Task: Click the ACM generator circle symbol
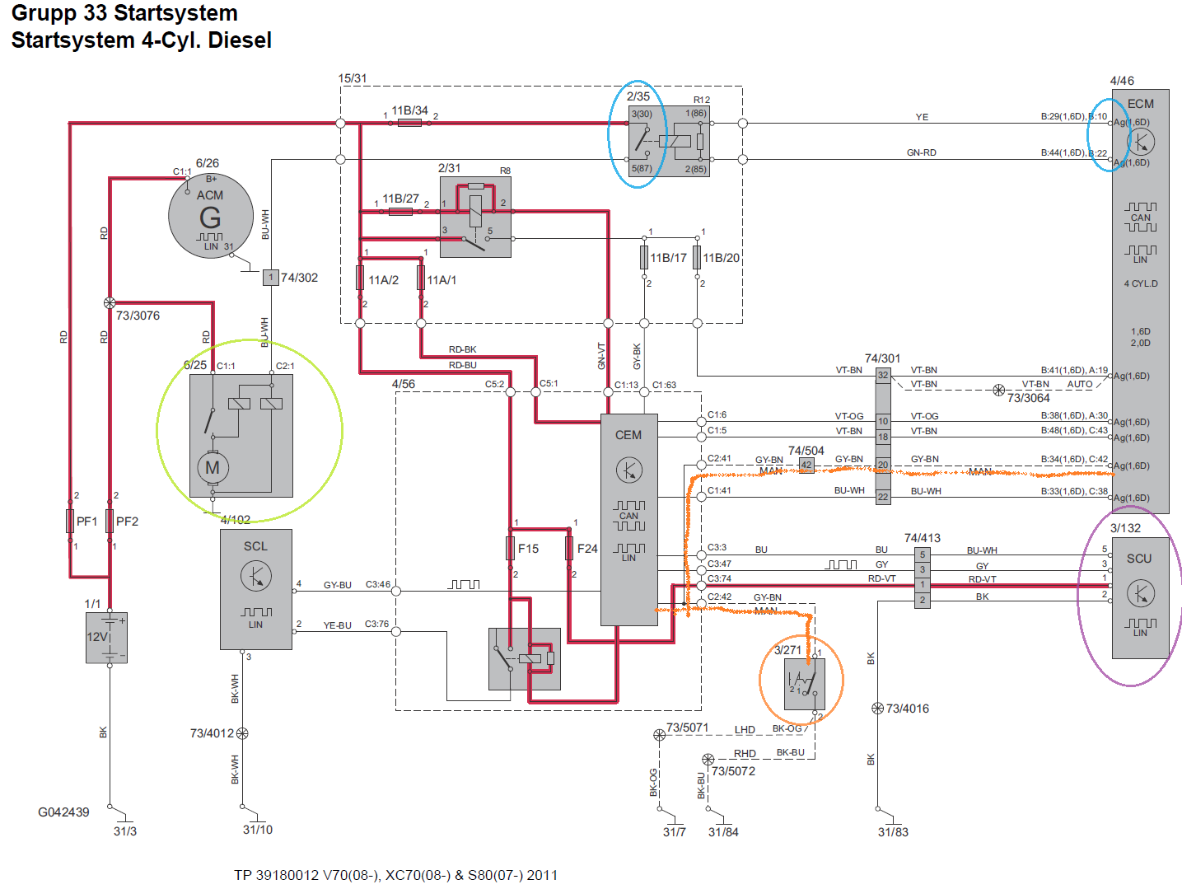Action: [210, 216]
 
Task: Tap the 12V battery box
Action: [106, 637]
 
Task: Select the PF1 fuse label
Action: [86, 522]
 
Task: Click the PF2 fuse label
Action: [127, 522]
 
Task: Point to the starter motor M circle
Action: [213, 467]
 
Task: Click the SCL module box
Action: [255, 589]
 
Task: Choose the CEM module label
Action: [628, 435]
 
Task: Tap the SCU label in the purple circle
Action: [1139, 559]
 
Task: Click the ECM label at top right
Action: [1141, 104]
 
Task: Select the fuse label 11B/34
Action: [409, 110]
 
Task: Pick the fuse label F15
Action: [528, 549]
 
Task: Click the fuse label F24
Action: [587, 549]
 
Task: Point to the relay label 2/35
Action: [638, 96]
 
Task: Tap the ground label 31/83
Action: [893, 832]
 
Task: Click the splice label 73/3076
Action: [138, 316]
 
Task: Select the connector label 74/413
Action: [922, 538]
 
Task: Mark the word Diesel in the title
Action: [240, 40]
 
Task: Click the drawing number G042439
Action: [63, 812]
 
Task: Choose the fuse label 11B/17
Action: [668, 258]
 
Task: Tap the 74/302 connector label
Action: [299, 278]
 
